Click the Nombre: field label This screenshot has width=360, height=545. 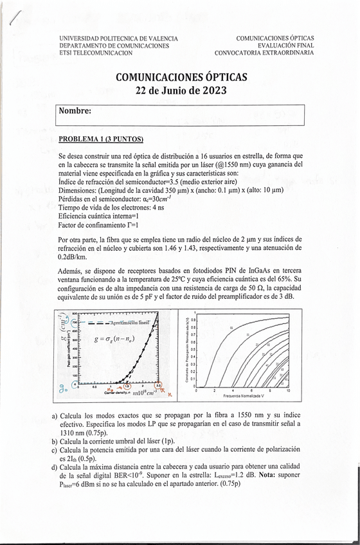(75, 111)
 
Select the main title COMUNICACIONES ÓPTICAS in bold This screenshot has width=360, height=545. (181, 77)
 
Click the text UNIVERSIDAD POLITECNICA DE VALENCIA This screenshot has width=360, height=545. (118, 39)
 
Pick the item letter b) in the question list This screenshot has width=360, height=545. (55, 442)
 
